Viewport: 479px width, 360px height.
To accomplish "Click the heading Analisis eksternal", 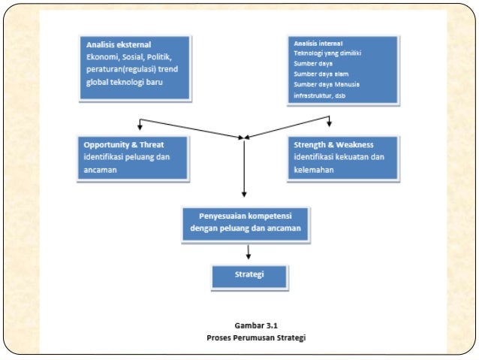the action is coord(119,44).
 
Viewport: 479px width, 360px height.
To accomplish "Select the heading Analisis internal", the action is coord(318,44).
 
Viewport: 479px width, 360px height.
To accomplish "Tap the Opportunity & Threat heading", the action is coord(124,144).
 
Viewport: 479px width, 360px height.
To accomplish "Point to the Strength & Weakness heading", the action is coord(333,144).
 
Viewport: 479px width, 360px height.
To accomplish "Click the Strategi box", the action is coord(249,277).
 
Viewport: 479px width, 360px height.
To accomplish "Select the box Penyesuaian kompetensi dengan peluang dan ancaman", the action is coord(246,225).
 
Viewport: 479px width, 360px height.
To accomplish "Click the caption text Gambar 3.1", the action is coord(256,325).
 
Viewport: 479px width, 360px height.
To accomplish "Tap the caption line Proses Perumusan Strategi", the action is coord(256,337).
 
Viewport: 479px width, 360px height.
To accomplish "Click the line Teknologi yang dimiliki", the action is coord(327,53).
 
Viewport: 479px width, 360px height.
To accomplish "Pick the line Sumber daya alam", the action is coord(321,74).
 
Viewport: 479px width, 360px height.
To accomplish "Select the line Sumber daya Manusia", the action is coord(327,84).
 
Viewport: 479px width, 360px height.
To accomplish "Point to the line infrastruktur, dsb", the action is coord(320,95).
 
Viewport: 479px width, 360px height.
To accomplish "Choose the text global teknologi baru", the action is coord(125,82).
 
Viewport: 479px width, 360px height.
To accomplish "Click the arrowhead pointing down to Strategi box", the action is coord(249,256).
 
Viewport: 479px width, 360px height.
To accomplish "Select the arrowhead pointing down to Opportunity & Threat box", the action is coord(140,127).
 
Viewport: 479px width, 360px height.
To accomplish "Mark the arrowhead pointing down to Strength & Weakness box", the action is coord(329,123).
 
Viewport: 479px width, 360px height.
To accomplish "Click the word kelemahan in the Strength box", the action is coord(314,170).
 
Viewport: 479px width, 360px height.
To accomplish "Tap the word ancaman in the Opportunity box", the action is coord(100,170).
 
